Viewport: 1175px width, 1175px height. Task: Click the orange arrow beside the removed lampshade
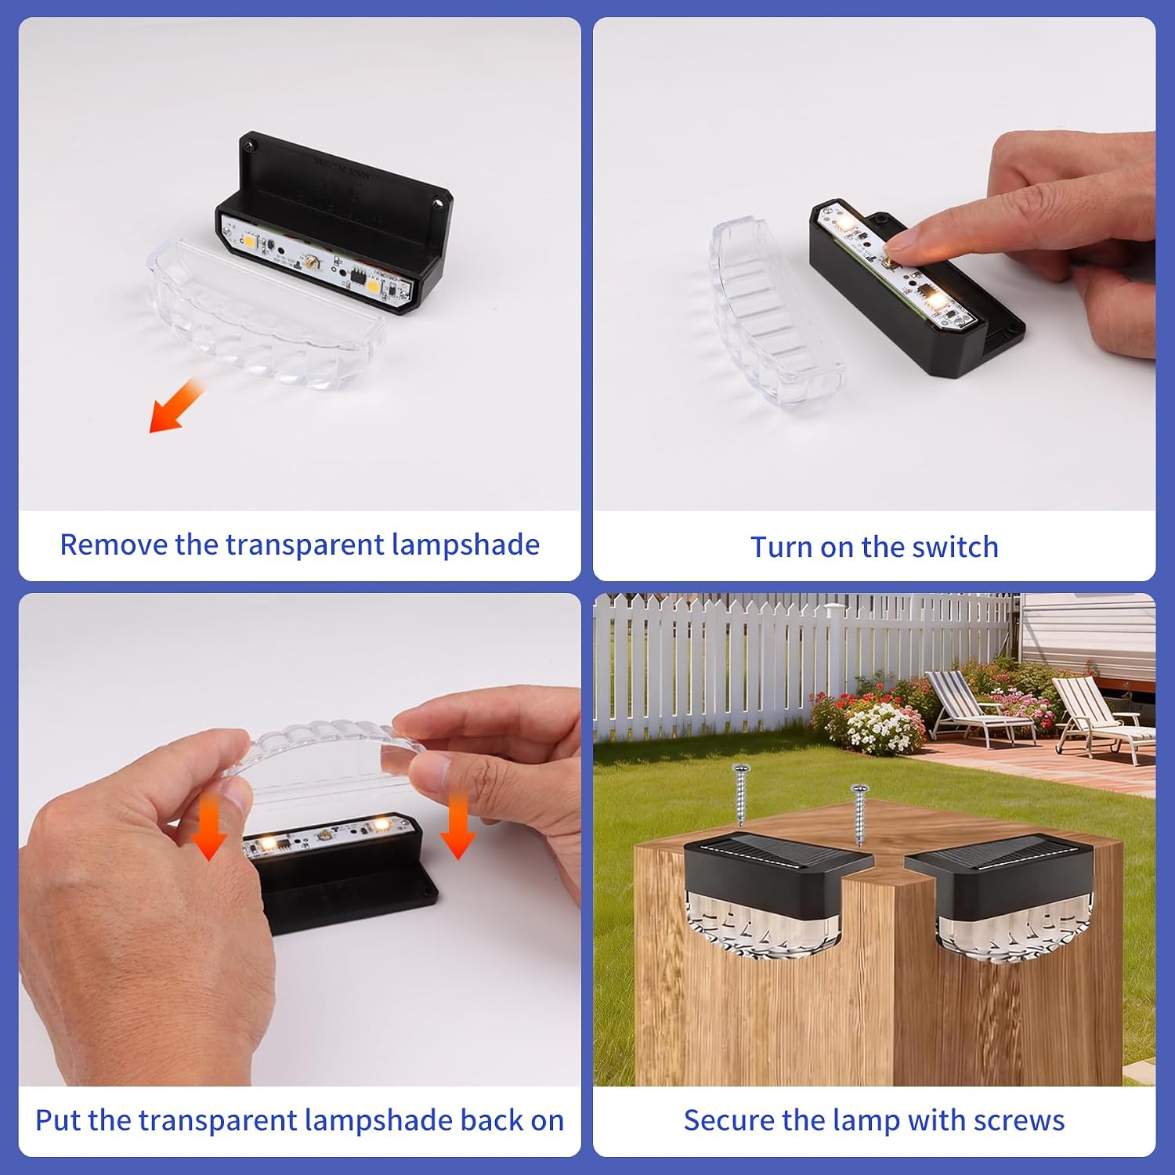175,406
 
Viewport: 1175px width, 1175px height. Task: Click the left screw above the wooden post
740,794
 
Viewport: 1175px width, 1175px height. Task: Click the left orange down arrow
208,826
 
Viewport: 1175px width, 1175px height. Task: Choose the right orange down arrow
457,826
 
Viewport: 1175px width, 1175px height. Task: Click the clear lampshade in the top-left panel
266,313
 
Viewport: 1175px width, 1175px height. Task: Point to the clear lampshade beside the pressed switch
775,313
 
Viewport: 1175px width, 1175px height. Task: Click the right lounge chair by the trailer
1101,717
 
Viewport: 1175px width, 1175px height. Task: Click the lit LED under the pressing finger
934,299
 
